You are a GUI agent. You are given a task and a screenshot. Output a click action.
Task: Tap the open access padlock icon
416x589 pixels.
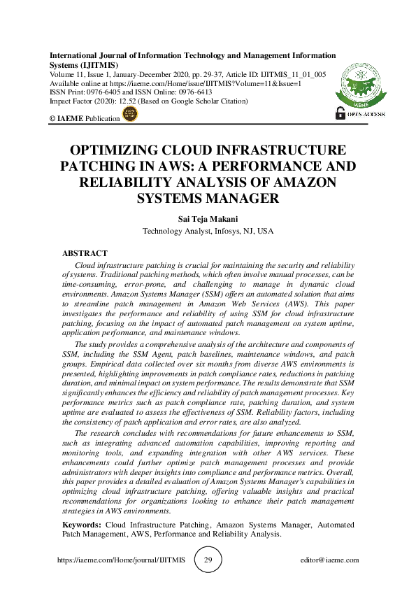[x=340, y=113]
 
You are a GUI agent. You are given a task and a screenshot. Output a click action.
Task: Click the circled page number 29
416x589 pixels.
[x=208, y=560]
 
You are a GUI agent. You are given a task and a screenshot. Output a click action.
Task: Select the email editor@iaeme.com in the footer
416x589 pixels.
[x=329, y=560]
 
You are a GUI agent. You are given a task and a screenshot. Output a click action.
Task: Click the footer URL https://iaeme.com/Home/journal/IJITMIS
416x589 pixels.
[x=120, y=560]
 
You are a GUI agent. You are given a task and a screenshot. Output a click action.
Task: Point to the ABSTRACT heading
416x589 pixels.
[x=85, y=253]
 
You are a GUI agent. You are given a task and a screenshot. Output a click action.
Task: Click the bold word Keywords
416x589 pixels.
[x=83, y=524]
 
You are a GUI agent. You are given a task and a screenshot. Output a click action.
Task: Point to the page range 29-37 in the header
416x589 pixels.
[x=205, y=73]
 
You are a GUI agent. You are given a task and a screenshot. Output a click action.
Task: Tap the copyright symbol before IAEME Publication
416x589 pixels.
[x=52, y=118]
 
